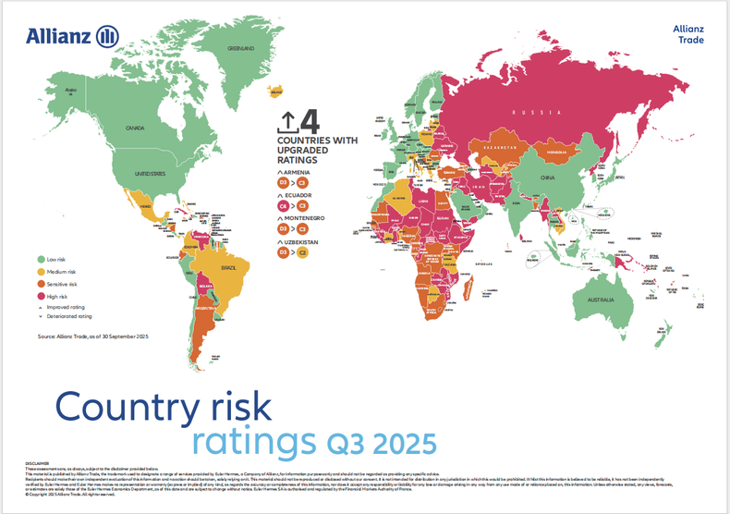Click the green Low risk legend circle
42,260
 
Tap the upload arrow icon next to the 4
287,122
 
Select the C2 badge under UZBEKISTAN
302,251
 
